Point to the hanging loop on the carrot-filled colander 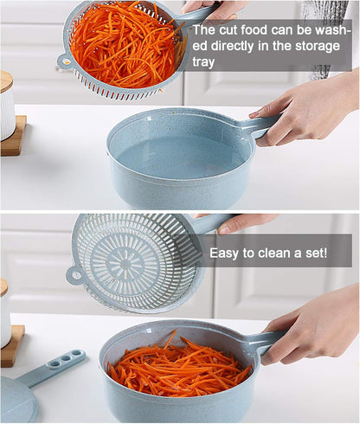64,61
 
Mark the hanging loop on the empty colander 74,276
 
